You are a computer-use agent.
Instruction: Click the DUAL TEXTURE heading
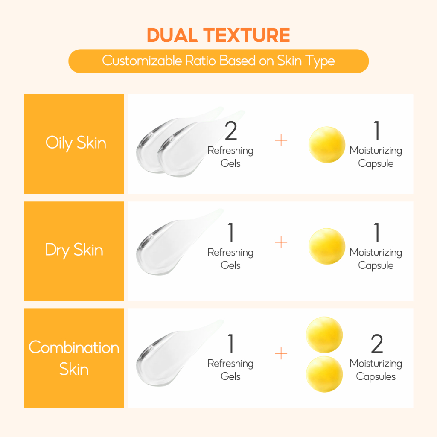click(x=218, y=35)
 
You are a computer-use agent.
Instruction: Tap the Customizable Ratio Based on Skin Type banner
click(x=218, y=61)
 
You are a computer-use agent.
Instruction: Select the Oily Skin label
click(x=76, y=143)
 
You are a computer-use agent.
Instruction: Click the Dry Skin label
click(x=74, y=250)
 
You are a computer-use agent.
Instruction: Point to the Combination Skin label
click(x=74, y=358)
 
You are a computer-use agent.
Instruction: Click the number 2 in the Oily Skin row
click(x=231, y=131)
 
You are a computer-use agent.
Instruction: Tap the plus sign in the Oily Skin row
click(x=281, y=140)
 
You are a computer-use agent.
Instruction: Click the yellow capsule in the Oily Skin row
click(x=326, y=145)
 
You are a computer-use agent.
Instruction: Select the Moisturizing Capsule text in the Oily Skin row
click(x=376, y=157)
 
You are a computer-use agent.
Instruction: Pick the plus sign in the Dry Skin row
click(x=281, y=242)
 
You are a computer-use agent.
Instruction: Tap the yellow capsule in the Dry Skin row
click(x=326, y=246)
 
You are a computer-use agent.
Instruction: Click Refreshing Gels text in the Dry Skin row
click(x=230, y=259)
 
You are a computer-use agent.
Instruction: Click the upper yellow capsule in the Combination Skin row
click(x=324, y=335)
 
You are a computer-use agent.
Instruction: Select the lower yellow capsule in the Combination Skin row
click(x=324, y=374)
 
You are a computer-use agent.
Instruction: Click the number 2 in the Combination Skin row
click(x=377, y=344)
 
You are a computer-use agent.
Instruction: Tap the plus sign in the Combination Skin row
click(x=281, y=353)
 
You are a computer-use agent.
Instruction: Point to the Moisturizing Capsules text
click(x=376, y=370)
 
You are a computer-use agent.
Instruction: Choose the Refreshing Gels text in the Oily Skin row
click(x=230, y=157)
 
